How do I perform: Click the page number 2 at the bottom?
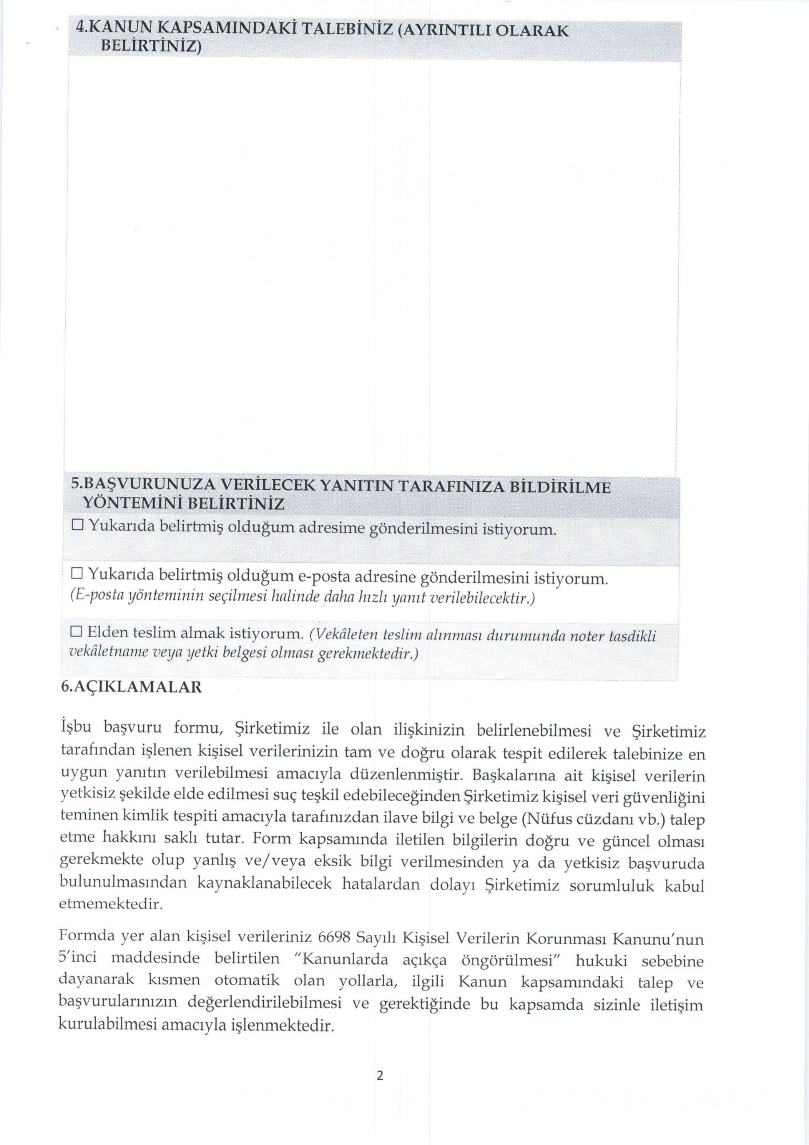click(x=379, y=1075)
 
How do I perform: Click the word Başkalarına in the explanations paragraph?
click(x=514, y=776)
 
